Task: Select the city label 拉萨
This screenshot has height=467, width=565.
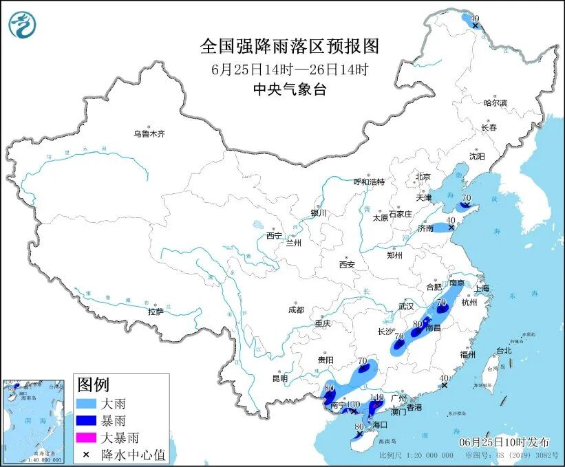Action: click(156, 312)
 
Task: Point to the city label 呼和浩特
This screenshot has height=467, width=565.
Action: click(369, 182)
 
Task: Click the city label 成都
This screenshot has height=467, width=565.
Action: click(297, 309)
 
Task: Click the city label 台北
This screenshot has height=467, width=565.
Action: click(503, 350)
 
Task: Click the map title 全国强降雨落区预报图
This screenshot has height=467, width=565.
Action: click(289, 46)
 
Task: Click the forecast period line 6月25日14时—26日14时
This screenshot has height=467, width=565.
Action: click(289, 69)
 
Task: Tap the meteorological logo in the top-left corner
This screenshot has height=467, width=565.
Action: click(23, 25)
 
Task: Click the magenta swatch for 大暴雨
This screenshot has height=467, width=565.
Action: click(88, 437)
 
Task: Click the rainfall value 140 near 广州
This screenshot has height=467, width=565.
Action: click(376, 398)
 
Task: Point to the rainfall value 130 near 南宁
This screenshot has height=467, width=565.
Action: click(353, 404)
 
